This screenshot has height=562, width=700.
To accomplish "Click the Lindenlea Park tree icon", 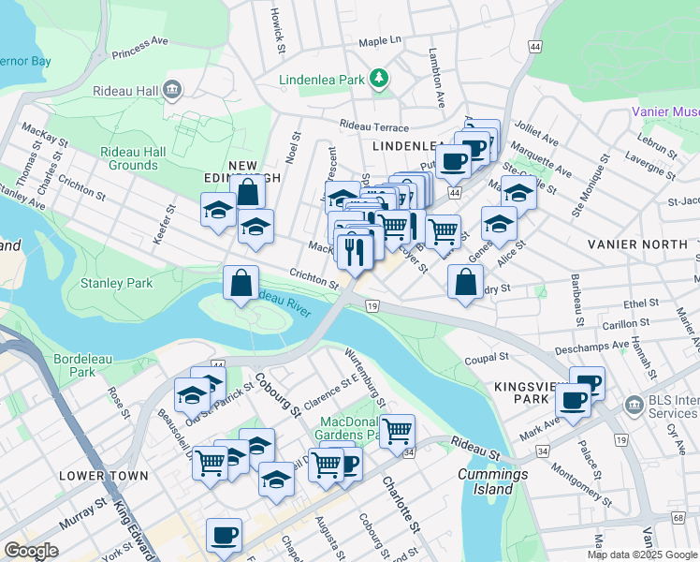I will pos(379,79).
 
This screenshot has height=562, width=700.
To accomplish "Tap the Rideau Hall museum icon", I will pos(172,90).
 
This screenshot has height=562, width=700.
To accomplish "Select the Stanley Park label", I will pos(116,282).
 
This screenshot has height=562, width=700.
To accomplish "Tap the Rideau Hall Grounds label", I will pos(133,158).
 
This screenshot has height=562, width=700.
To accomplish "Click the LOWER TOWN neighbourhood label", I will pos(103,476).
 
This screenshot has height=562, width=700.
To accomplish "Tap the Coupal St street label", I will pos(487,357).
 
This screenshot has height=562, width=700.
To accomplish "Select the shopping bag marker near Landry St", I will pos(466,280).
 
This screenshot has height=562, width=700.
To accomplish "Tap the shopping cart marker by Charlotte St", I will pos(398,430).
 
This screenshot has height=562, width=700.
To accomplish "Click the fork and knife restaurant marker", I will pos(354,250).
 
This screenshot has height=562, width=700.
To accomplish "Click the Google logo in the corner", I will pos(31,550).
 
